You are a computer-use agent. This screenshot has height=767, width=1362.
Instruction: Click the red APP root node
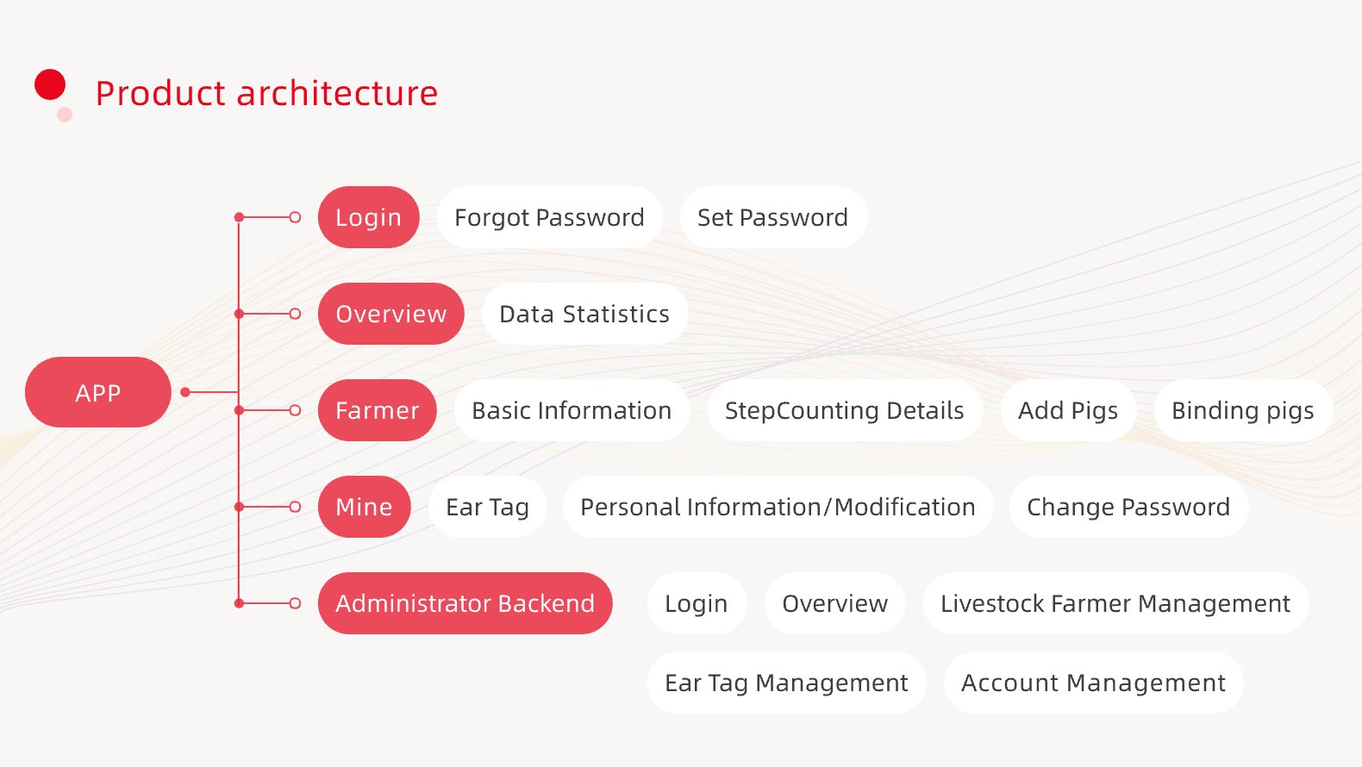(98, 392)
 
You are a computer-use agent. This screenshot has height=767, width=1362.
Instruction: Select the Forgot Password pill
(549, 217)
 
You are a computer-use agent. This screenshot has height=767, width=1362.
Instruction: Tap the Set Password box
(773, 217)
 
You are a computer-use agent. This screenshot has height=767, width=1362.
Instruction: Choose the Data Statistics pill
(584, 314)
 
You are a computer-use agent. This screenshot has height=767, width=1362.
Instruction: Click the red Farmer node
(377, 410)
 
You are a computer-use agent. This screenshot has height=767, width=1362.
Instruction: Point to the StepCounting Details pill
(845, 410)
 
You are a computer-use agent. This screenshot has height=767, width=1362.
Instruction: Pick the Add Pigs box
(1068, 410)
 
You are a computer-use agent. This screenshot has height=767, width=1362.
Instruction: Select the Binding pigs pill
(1243, 410)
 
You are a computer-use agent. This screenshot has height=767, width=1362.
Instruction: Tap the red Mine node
(365, 506)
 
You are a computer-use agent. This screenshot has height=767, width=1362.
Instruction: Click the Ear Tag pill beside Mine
(488, 506)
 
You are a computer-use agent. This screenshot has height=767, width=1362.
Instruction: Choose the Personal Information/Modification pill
(778, 506)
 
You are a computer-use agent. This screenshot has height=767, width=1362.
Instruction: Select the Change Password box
(1128, 506)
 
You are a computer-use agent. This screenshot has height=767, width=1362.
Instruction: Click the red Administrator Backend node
(465, 603)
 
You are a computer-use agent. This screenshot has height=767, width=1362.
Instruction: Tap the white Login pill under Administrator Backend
(697, 603)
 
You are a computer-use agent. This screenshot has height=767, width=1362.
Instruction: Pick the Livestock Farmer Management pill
(1115, 603)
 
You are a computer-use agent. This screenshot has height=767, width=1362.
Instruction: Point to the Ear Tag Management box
(786, 683)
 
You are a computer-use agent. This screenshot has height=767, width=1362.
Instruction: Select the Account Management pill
(1093, 683)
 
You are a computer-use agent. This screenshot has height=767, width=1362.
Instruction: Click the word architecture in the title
(337, 93)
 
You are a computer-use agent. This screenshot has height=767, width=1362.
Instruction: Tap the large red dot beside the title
(50, 84)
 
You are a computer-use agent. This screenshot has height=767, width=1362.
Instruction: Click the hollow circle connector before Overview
(295, 314)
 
